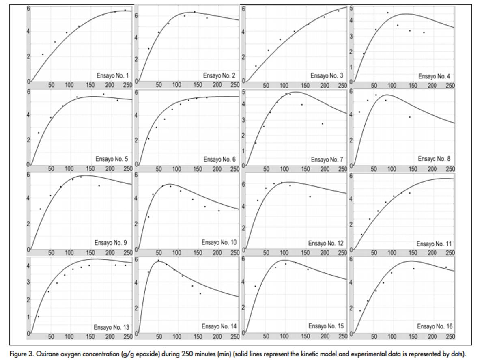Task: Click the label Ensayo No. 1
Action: click(x=112, y=75)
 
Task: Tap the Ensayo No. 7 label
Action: click(x=327, y=160)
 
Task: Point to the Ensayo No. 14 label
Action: click(x=219, y=326)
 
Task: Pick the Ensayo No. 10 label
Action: click(x=219, y=242)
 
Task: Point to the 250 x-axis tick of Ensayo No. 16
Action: click(x=450, y=336)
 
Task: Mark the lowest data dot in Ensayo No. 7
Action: click(x=323, y=124)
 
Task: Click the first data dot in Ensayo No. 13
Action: click(x=39, y=317)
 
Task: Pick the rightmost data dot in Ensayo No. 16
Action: click(x=446, y=267)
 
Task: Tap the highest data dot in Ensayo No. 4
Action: click(x=387, y=13)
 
